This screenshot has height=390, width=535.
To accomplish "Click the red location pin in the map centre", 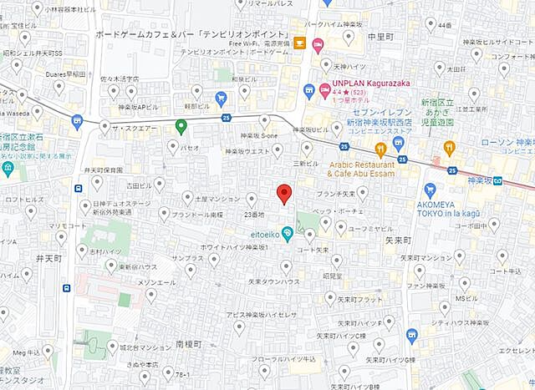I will point(284,193).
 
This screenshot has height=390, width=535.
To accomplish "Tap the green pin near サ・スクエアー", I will point(181,127).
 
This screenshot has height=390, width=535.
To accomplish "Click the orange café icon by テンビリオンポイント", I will point(299,43).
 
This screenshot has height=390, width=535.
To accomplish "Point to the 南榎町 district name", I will point(190,344).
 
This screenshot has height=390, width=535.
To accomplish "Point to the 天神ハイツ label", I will point(347,66).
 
